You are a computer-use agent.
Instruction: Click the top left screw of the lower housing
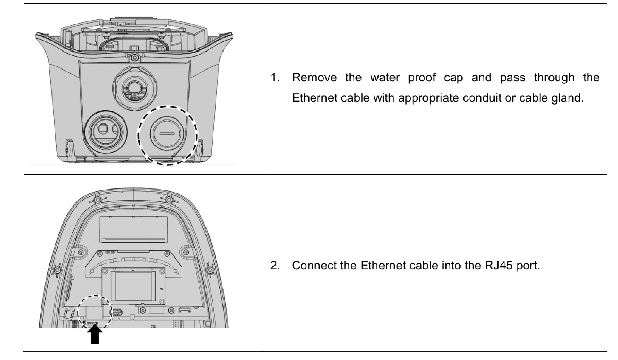(x=96, y=199)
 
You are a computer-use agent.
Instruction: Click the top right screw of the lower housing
(x=169, y=199)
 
